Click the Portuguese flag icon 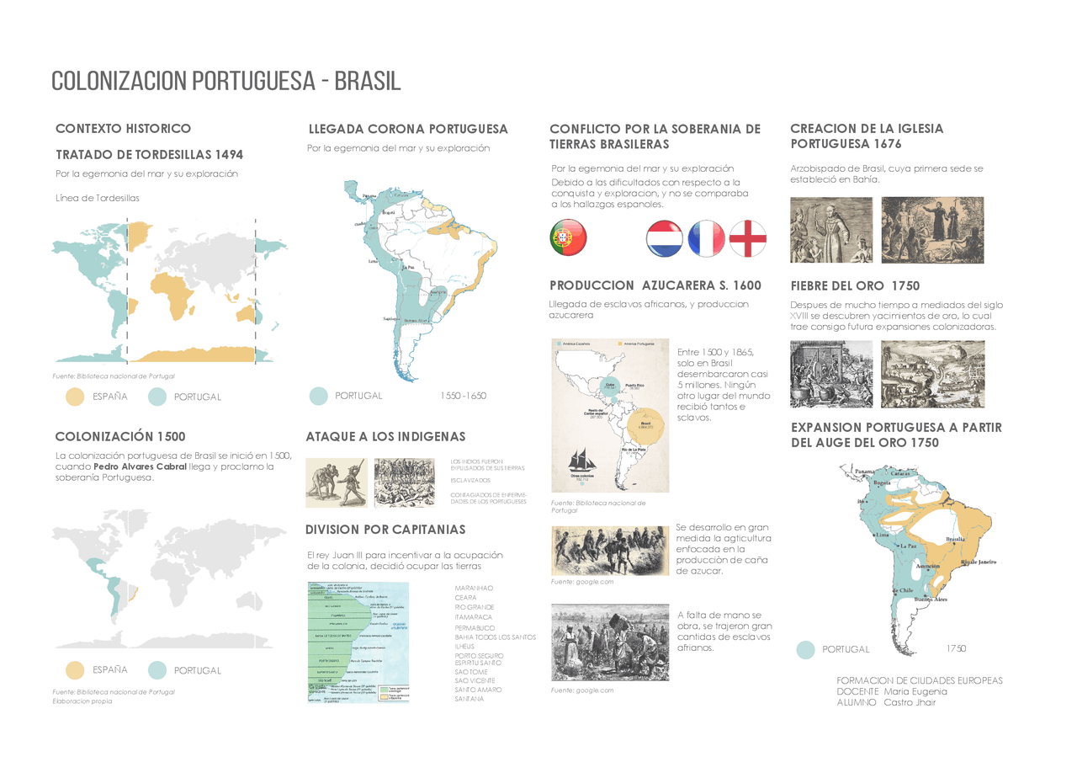coord(568,237)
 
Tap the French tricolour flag coord(707,238)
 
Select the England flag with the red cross coord(748,238)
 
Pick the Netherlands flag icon coord(665,238)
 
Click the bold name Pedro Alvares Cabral coord(140,466)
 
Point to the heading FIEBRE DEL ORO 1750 coord(855,285)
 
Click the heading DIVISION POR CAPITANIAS coord(385,530)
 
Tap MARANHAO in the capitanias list coord(474,588)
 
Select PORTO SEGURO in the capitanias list coord(479,655)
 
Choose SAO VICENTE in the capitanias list coord(475,680)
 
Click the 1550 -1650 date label coord(463,395)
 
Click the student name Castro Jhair coord(910,702)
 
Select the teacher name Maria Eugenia coord(915,691)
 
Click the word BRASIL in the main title coord(367,81)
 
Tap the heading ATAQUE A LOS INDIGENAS coord(385,436)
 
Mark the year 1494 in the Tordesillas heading coord(229,155)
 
